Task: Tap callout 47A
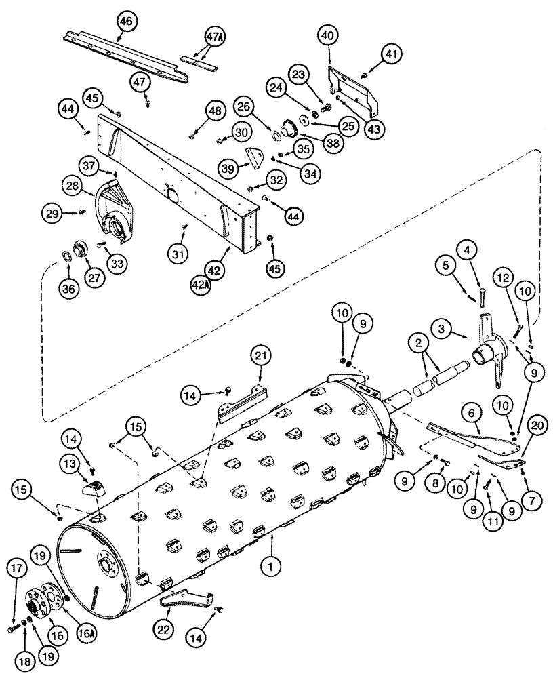pos(213,37)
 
